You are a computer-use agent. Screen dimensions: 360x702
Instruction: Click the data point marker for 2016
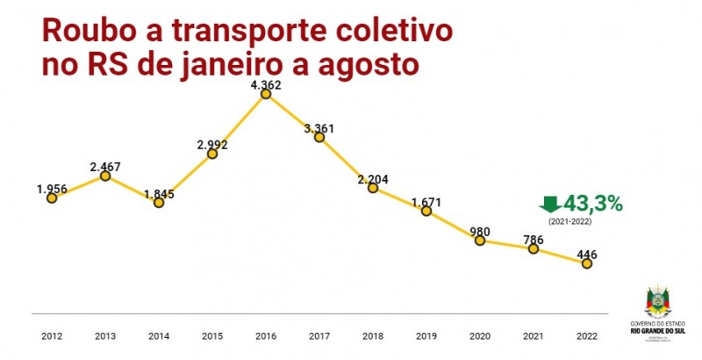tap(266, 94)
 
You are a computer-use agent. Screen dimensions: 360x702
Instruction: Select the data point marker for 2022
tap(586, 263)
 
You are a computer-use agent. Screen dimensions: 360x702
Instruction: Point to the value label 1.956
tap(53, 189)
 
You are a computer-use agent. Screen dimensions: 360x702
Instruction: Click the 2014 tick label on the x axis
tap(159, 336)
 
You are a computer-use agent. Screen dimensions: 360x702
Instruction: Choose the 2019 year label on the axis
tap(426, 336)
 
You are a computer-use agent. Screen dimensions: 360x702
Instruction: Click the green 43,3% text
tap(594, 203)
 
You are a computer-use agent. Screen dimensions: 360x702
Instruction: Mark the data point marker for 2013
tap(105, 176)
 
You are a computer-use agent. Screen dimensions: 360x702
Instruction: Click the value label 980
tap(480, 232)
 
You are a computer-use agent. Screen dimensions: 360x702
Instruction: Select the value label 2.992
tap(212, 145)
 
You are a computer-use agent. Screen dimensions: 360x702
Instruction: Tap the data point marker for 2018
tap(373, 188)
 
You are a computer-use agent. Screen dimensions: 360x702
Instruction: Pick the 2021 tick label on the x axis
tap(533, 336)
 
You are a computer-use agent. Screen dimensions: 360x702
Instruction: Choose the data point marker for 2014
tap(159, 202)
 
